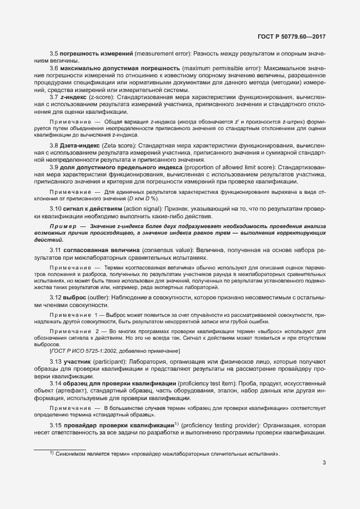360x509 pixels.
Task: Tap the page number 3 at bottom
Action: click(x=324, y=463)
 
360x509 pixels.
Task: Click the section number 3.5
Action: click(x=54, y=54)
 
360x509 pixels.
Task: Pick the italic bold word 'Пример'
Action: click(x=61, y=225)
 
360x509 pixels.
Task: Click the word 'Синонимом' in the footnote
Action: click(x=71, y=453)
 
